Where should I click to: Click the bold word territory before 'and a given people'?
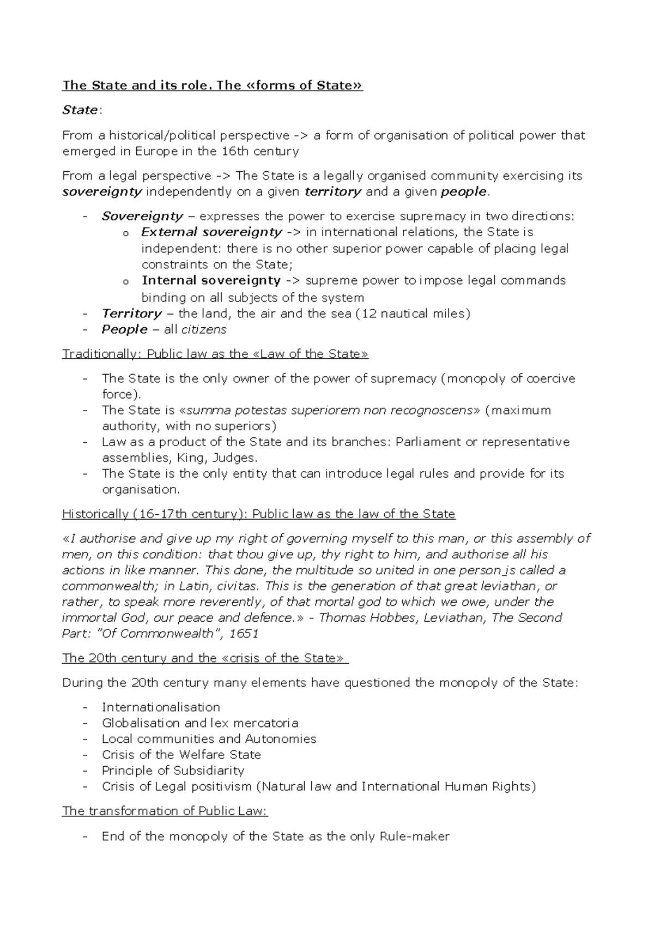coord(332,191)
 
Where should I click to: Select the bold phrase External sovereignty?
coord(211,232)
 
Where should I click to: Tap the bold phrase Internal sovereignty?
coord(211,281)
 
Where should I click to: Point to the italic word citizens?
coord(203,329)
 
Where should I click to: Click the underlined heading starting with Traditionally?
coord(215,354)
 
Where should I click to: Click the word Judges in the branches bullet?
coord(233,458)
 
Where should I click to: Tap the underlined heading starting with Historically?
coord(258,514)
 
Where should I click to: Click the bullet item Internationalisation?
coord(161,707)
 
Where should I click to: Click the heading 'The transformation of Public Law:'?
coord(165,811)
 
